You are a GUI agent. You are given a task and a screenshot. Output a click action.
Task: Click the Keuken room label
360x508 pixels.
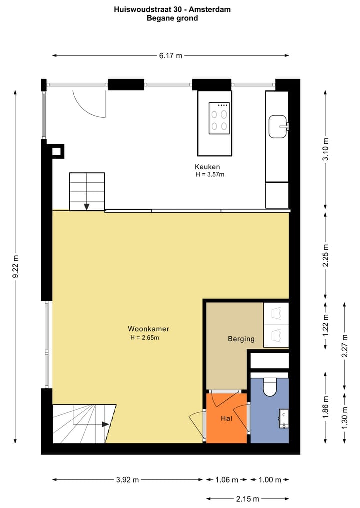point(207,167)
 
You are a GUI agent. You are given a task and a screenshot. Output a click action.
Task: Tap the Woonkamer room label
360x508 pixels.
point(148,329)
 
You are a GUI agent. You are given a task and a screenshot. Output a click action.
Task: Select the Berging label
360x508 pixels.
point(241,339)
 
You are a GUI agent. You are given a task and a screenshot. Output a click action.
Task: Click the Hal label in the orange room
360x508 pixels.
point(226,419)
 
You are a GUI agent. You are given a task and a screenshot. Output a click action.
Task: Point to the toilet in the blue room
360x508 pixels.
point(270,386)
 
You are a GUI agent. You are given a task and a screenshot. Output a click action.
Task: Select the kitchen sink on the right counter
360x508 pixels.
point(277,126)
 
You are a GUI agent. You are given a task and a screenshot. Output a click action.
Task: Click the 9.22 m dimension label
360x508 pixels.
point(15,267)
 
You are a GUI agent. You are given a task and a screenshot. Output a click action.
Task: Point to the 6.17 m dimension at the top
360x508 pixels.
point(170,56)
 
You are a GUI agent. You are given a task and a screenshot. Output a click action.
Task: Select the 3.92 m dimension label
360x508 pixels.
point(128,480)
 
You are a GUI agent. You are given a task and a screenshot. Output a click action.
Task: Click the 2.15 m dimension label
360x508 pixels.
point(248,499)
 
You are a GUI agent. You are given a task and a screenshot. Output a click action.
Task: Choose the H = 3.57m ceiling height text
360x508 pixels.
point(210,175)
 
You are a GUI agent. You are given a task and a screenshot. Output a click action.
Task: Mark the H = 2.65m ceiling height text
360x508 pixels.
point(144,337)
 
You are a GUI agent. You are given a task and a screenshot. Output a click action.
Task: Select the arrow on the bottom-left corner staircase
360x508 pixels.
point(105,424)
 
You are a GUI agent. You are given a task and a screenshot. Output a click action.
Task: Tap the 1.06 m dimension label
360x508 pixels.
point(226,480)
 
